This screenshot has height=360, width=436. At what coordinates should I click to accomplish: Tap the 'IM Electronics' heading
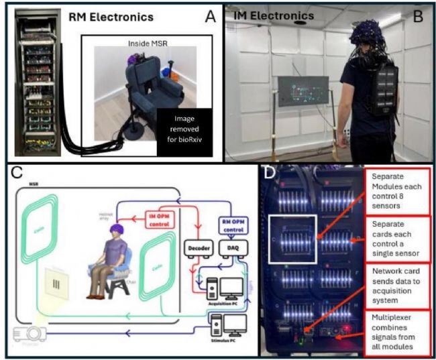tap(273, 15)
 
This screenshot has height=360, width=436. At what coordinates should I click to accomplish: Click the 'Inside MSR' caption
tap(148, 43)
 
